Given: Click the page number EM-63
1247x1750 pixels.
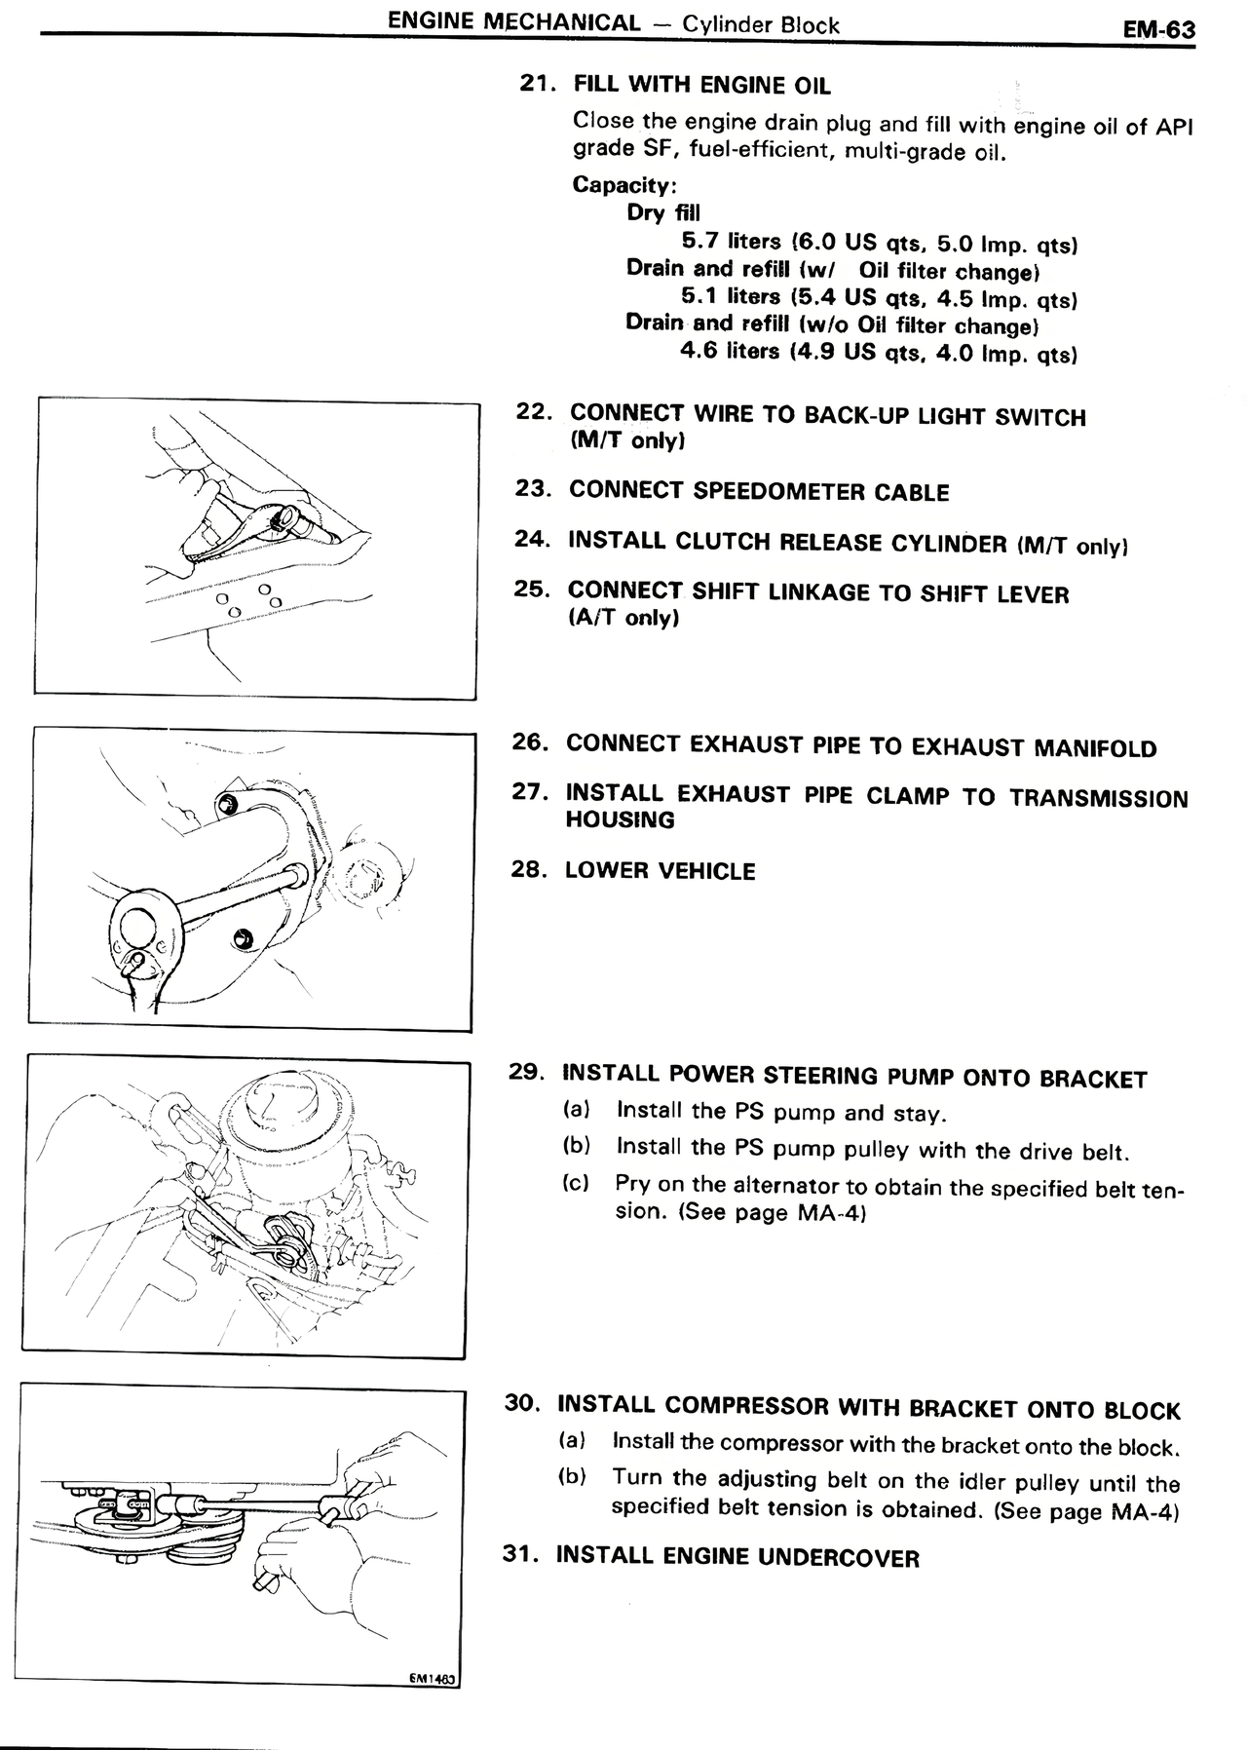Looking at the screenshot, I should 1158,29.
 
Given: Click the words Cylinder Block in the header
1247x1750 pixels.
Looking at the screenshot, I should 760,24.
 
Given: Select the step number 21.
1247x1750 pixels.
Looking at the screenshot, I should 537,84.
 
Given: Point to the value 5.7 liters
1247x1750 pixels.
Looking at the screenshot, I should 731,241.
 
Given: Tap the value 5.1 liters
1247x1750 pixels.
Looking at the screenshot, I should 731,296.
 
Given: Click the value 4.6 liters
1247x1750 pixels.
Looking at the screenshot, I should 730,351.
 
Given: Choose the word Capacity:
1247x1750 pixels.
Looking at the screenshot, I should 624,184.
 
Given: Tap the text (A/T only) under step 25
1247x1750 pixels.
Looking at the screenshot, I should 623,618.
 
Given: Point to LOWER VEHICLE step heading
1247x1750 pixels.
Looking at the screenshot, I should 660,870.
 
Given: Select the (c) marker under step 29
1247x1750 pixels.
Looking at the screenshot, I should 576,1183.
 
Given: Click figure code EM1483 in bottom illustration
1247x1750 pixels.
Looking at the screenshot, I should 432,1679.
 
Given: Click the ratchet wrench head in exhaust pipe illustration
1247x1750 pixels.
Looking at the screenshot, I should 141,931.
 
